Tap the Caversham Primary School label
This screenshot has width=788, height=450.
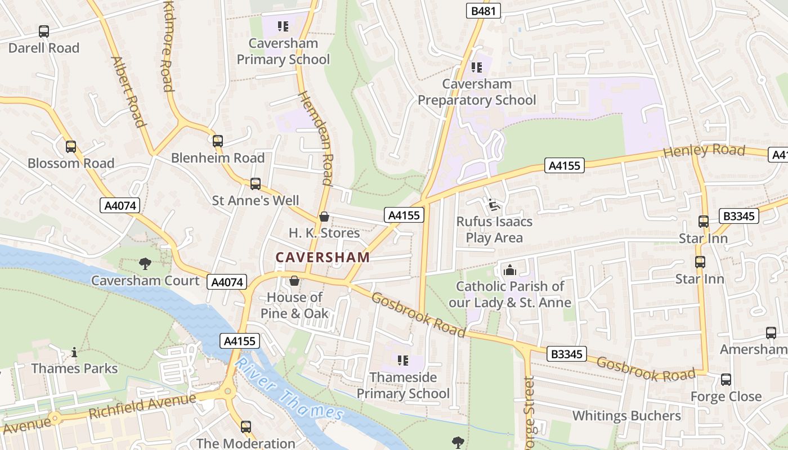tap(283, 51)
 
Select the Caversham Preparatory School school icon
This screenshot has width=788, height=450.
tap(477, 67)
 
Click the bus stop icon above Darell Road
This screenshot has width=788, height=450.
tap(44, 31)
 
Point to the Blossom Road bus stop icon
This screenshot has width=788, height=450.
tap(71, 147)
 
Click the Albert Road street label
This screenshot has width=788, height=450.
tap(129, 91)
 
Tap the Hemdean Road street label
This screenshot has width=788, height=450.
tap(317, 138)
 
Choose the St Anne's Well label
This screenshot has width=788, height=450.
tap(256, 201)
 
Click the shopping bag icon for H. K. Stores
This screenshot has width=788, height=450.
tap(324, 217)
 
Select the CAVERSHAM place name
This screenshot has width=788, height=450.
tap(323, 258)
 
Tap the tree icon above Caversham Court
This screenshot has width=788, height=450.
tap(145, 263)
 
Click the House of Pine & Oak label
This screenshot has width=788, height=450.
tap(294, 305)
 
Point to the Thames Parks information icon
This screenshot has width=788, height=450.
tap(74, 353)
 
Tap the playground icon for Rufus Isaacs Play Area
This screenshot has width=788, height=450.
tap(494, 205)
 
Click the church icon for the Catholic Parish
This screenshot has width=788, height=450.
tap(510, 270)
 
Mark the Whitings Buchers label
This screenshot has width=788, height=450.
tap(626, 416)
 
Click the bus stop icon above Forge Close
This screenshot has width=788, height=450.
tap(726, 380)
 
